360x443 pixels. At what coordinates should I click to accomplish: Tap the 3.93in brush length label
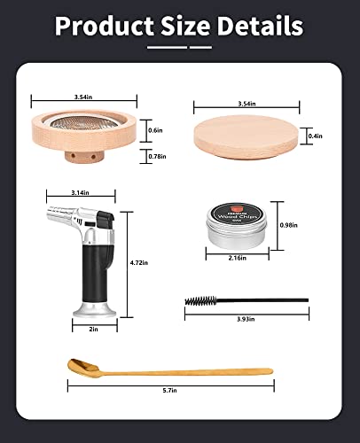tap(247, 317)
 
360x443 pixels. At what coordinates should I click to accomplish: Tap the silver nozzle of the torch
tap(66, 211)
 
